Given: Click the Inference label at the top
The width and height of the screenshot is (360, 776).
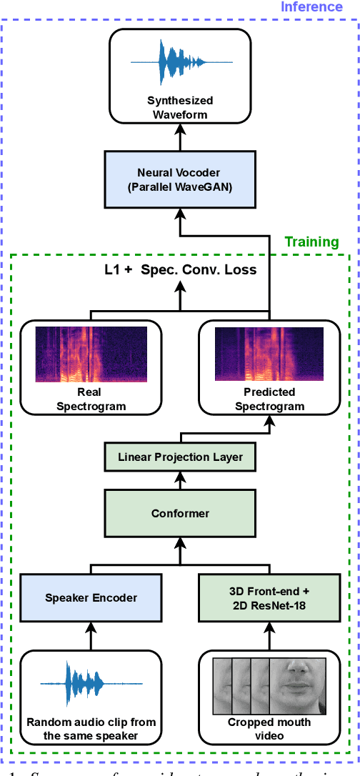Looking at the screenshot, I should click(311, 7).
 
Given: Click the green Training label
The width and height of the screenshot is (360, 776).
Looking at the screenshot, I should click(311, 242).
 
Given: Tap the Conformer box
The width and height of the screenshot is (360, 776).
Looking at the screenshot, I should click(180, 512).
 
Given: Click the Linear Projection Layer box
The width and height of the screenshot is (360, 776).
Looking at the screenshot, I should click(180, 457).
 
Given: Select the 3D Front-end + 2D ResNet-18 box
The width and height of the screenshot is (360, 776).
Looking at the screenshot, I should click(269, 597).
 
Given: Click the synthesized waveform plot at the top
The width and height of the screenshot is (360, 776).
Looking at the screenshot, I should click(180, 62).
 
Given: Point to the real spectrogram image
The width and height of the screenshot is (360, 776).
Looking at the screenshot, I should click(91, 354).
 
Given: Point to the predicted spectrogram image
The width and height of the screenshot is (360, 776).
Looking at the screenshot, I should click(269, 354).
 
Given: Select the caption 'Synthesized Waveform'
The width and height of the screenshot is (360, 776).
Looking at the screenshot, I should click(180, 107).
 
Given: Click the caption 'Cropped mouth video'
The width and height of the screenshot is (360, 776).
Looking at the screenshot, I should click(269, 729).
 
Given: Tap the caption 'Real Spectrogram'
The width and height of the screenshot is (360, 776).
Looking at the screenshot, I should click(91, 399).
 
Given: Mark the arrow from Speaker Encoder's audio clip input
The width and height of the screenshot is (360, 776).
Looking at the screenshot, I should click(90, 634).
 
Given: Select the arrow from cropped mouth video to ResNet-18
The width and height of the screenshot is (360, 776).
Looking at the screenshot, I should click(269, 634).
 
